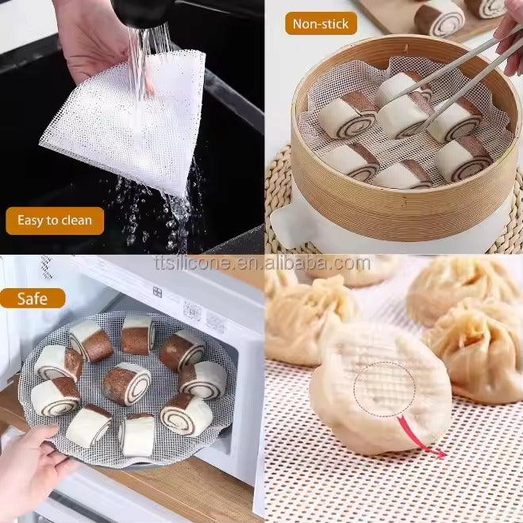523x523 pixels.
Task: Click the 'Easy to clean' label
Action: click(x=55, y=221)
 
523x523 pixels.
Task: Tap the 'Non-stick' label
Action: click(x=321, y=24)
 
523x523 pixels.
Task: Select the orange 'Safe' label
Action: click(x=33, y=298)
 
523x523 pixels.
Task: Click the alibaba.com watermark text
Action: click(x=263, y=263)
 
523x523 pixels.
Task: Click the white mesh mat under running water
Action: click(x=124, y=124)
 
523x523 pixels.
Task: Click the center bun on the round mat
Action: click(x=127, y=383)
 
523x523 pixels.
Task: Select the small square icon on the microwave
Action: click(x=157, y=292)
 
